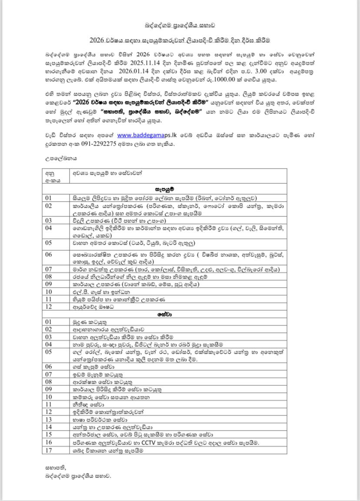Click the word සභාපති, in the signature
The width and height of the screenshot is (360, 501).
[55, 468]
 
